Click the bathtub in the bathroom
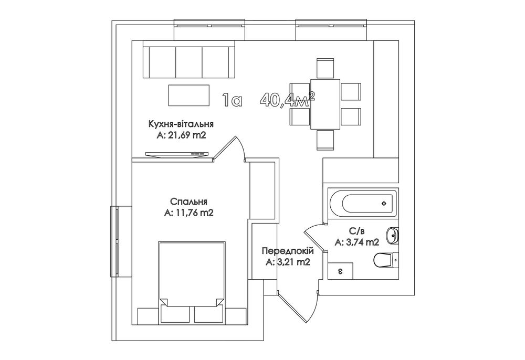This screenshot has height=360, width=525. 363,203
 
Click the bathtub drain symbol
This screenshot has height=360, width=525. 384,203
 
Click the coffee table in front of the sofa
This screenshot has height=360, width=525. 189,95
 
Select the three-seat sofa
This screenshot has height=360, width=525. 189,60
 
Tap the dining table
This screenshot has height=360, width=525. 325,104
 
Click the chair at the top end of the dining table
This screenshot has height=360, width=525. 325,68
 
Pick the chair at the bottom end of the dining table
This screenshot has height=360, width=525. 325,140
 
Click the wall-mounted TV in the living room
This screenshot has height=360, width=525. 177,154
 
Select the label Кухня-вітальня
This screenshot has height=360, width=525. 181,124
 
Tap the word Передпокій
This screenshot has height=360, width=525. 288,251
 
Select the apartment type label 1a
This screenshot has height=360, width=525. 232,100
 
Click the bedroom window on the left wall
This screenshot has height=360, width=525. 117,241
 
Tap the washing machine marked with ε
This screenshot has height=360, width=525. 340,271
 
